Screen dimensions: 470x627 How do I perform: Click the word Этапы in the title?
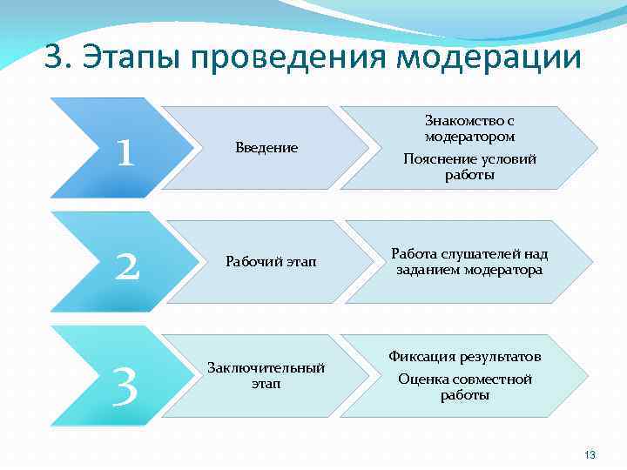(128, 57)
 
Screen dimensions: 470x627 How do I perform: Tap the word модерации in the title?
(489, 57)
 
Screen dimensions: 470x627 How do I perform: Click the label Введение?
(266, 148)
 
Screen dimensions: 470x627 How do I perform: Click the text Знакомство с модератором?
(469, 128)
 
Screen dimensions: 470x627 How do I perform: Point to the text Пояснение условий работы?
(469, 167)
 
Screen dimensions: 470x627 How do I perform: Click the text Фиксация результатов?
(465, 357)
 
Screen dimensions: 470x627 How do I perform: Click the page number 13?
(590, 455)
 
